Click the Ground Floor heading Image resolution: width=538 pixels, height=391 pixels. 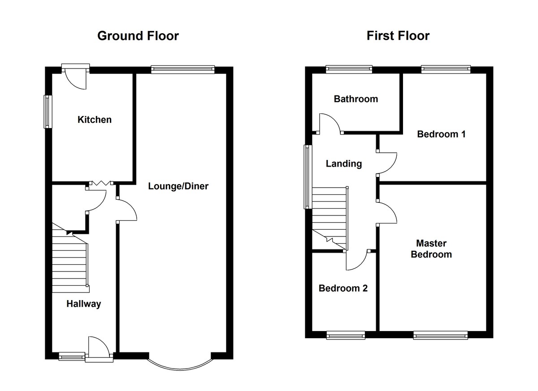coord(138,36)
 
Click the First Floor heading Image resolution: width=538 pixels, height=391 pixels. coord(398,36)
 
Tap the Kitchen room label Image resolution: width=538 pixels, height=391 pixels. coord(95,120)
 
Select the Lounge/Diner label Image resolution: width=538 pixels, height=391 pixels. coord(178,186)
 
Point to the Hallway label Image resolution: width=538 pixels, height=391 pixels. coord(83,304)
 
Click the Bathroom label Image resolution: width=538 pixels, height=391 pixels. coord(356,99)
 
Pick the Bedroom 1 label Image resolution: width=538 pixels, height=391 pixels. coord(441,134)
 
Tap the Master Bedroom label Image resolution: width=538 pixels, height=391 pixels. coord(431,249)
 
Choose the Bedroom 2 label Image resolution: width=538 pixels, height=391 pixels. coord(343,288)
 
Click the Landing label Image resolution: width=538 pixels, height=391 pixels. coord(344,163)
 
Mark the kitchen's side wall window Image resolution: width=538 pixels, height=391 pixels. coord(48,112)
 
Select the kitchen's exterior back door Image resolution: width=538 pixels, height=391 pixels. coord(75,76)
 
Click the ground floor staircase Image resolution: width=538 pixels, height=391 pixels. coord(70,258)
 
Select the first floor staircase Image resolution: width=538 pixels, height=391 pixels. coord(330,218)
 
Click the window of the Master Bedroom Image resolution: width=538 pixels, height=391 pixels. coord(440,335)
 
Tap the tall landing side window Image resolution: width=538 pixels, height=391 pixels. coord(308,177)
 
